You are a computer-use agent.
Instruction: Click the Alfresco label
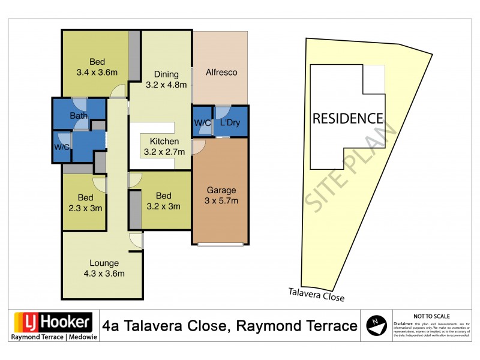point(221,73)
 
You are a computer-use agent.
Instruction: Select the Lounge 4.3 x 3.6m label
point(104,268)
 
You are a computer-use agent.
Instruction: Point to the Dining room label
point(166,80)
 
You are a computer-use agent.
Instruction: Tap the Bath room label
point(79,116)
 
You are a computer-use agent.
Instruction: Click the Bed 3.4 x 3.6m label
point(97,67)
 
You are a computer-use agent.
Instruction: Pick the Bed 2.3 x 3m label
point(85,203)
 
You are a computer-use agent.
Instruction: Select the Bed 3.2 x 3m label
point(163,201)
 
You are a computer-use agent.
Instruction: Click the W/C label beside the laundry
point(202,123)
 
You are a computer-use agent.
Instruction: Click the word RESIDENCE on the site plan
point(347,118)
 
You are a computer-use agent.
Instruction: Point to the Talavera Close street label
point(315,293)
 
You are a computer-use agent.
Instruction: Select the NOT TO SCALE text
point(431,316)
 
